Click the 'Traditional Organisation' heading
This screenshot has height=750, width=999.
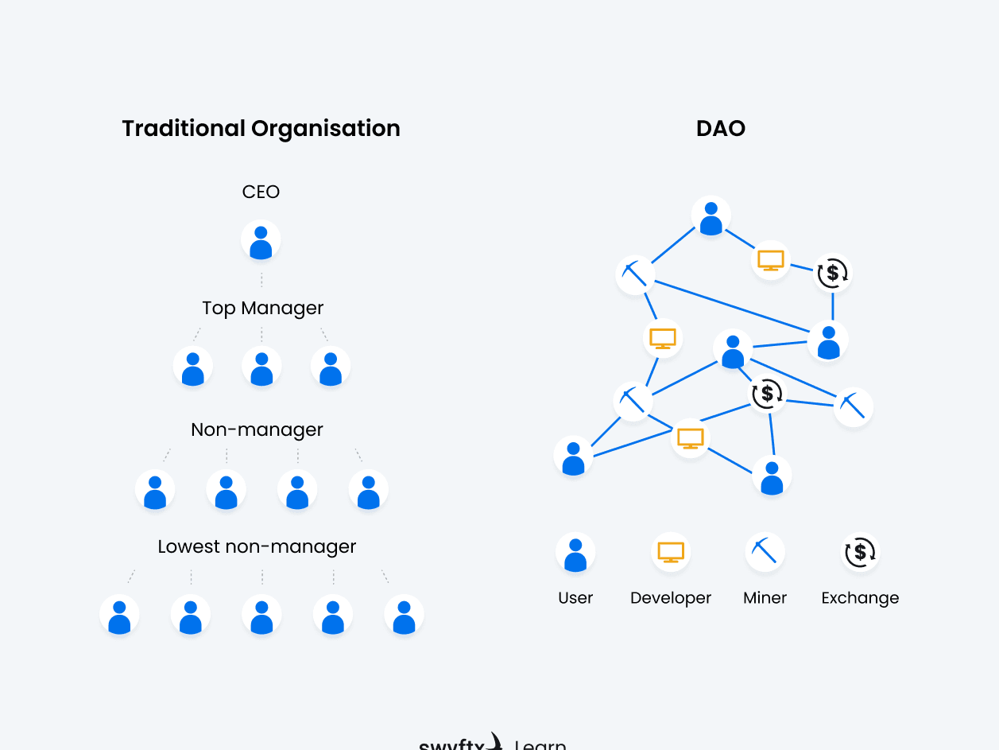(x=261, y=128)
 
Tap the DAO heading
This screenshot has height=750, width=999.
(x=720, y=128)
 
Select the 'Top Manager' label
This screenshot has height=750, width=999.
(x=263, y=308)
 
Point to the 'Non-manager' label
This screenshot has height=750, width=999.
(x=257, y=429)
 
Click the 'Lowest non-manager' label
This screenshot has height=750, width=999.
(x=257, y=546)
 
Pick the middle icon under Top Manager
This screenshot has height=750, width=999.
(x=261, y=367)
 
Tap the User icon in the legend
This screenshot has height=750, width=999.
(x=575, y=553)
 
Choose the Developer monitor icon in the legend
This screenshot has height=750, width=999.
(x=671, y=552)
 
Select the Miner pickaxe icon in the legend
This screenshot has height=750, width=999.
(x=765, y=552)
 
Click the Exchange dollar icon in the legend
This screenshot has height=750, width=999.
(x=860, y=552)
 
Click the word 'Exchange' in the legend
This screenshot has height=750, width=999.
(x=860, y=598)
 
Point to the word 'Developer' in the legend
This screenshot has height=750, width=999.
(x=671, y=598)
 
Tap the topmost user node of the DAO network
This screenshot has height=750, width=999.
(x=711, y=216)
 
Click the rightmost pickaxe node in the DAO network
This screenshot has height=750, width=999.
(x=854, y=407)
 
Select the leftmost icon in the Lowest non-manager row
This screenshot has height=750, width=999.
(x=119, y=615)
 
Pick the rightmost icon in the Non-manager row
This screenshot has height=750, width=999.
(x=368, y=490)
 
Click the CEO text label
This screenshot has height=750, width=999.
(x=261, y=192)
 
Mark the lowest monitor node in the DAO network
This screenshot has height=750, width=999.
(x=690, y=438)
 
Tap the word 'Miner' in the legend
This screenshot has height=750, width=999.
(x=765, y=598)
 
